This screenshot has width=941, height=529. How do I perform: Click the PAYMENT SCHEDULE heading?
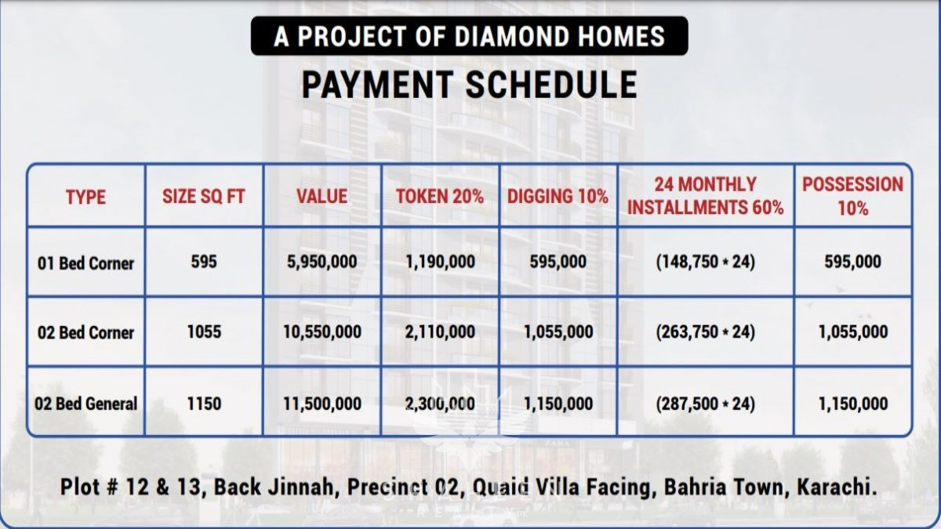(x=469, y=85)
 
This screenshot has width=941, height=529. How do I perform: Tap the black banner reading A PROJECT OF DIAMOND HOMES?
(x=469, y=36)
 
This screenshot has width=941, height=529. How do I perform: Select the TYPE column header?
(x=85, y=197)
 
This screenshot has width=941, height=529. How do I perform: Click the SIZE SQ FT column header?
(x=204, y=197)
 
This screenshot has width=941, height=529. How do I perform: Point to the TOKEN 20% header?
(x=440, y=197)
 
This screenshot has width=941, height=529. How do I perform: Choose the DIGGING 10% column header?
(x=558, y=197)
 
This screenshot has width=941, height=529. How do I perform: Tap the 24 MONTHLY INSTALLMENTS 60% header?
(x=705, y=196)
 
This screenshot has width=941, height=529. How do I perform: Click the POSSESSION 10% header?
(x=853, y=196)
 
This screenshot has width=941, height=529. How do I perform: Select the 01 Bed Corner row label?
(x=85, y=263)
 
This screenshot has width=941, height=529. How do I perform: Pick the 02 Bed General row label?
(x=85, y=404)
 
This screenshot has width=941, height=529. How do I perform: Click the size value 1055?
(x=204, y=332)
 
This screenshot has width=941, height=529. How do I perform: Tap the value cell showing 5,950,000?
(x=322, y=262)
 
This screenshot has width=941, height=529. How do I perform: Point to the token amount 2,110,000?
(x=440, y=332)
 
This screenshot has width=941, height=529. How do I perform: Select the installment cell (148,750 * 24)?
(x=705, y=262)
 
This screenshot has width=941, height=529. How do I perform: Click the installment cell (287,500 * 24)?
(x=705, y=404)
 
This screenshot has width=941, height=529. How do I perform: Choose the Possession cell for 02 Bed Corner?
(x=853, y=332)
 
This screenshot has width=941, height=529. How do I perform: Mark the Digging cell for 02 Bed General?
(x=558, y=404)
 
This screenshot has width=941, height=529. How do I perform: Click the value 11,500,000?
(x=322, y=404)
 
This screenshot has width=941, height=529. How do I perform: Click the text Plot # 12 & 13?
(x=133, y=487)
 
